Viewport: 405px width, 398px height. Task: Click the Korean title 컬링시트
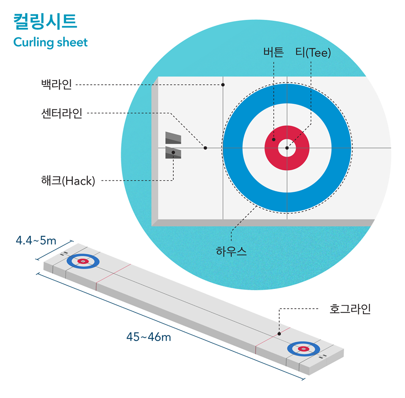coord(45,22)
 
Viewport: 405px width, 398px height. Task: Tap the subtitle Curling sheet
coord(50,42)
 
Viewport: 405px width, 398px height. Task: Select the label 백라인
coord(57,85)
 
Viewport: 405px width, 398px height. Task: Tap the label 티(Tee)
coord(313,53)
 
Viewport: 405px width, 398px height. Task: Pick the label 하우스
coord(231,252)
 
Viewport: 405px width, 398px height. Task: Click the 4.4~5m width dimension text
coord(36,240)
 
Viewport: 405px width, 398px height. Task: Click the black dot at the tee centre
coord(287,148)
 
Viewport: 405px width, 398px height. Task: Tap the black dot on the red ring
coord(273,139)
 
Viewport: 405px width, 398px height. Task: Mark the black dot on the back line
coord(223,85)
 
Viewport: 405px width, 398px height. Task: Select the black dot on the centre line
coord(205,148)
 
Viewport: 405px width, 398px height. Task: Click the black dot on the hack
coord(173,152)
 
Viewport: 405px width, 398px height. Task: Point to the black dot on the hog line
coord(279,333)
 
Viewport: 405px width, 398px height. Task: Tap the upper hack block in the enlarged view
coord(173,138)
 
